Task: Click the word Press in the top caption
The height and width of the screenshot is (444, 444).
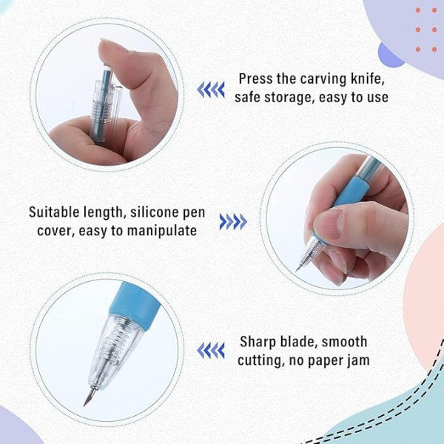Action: [255, 78]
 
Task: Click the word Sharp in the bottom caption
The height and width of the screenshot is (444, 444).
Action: [256, 342]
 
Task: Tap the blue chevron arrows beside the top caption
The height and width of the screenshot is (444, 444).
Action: [210, 90]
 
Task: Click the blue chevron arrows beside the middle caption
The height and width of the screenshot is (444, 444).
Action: [232, 221]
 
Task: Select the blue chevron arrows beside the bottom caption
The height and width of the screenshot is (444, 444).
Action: [210, 350]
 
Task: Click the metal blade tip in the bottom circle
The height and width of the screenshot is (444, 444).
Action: [87, 398]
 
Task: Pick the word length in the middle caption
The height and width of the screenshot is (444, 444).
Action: [100, 212]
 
